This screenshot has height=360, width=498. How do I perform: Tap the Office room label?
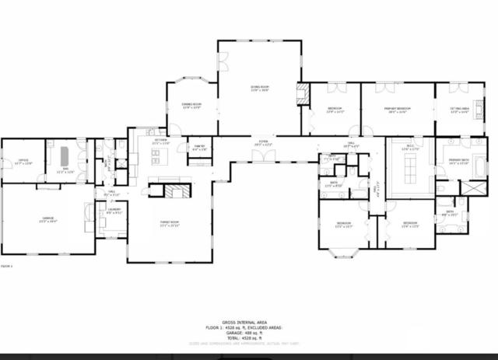point(23,162)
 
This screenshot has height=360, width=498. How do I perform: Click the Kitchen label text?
point(160,143)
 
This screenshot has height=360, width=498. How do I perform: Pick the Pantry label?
point(198,149)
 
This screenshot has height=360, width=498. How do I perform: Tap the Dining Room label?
point(191,107)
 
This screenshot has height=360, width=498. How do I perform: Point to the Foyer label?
point(265,143)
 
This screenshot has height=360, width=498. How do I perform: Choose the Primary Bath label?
point(459,162)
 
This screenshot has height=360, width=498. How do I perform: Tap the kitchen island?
point(160,159)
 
